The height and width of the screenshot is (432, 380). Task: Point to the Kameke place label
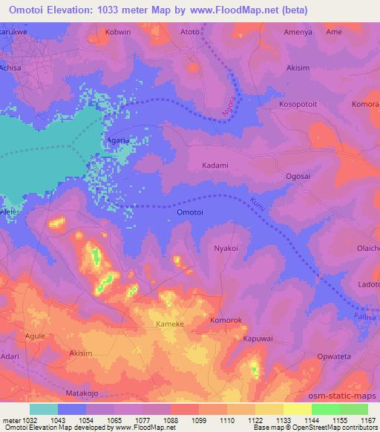coord(170,324)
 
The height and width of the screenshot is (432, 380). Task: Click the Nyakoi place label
coord(226,249)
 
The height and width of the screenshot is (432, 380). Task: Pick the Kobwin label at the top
coord(118,33)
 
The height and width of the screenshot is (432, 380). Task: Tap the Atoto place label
coord(190,33)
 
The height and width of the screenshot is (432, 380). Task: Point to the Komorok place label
coord(226,321)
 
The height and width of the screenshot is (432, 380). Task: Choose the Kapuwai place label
coord(259,338)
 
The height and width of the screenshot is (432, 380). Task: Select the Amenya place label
coord(298,33)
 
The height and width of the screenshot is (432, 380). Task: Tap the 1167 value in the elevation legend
coord(368,419)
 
